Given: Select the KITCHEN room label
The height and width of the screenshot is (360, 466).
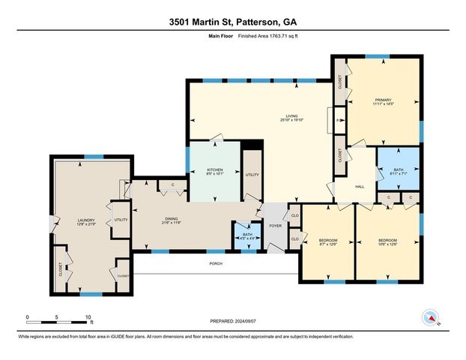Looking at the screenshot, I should (214, 170).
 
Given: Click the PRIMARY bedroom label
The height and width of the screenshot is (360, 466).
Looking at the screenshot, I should (384, 100).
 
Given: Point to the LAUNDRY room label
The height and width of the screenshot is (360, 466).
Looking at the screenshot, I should (85, 220).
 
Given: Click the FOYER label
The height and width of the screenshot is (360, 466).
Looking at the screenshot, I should (275, 225).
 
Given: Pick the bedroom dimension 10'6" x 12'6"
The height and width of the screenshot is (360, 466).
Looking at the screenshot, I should (387, 243).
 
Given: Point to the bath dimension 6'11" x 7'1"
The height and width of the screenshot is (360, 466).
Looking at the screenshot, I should (397, 173).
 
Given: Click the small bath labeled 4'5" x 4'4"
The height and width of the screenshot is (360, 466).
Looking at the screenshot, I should (243, 239).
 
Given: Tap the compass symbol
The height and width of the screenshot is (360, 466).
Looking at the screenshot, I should (429, 318).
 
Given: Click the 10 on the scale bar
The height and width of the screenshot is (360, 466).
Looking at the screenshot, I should (89, 316).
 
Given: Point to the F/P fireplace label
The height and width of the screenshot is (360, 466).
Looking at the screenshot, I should (339, 121).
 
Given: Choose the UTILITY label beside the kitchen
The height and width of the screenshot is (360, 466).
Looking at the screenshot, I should (252, 175).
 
